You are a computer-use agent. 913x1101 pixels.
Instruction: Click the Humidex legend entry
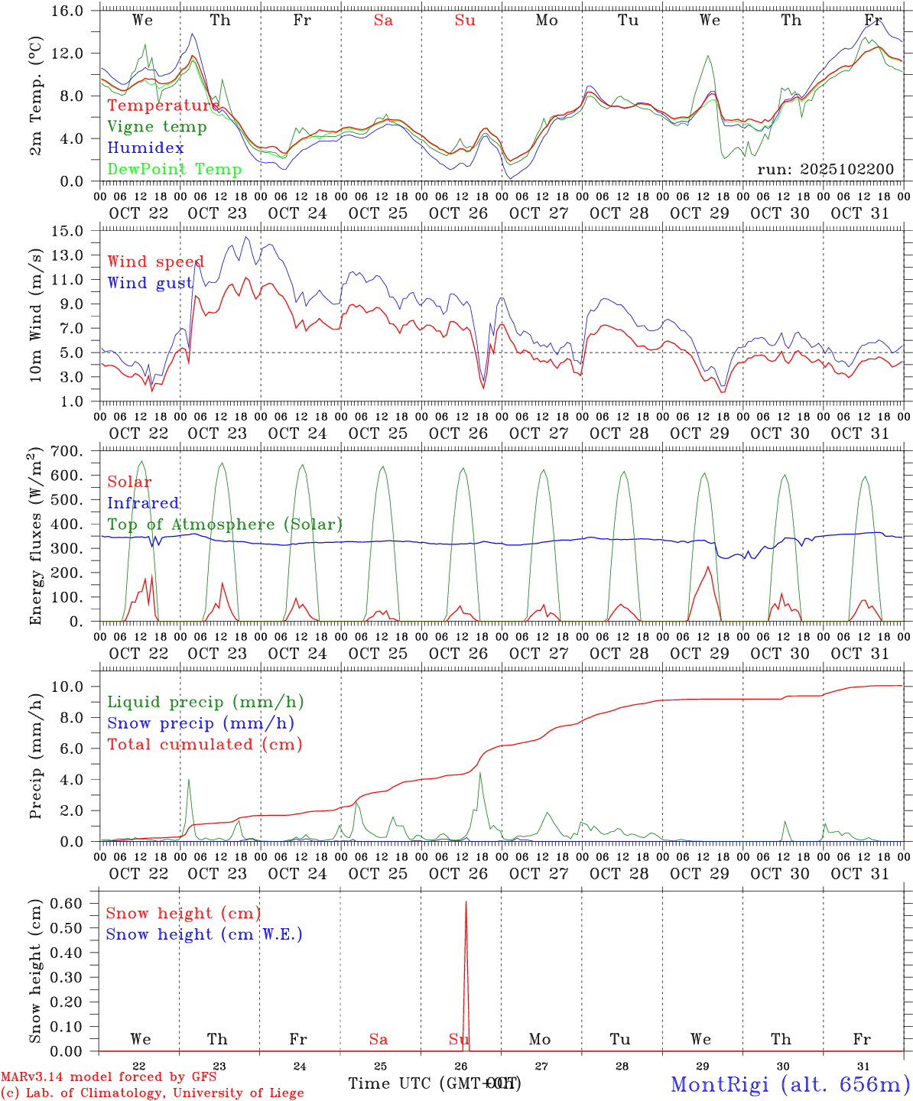pos(145,148)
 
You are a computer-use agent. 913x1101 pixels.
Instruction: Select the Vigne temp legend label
pos(157,126)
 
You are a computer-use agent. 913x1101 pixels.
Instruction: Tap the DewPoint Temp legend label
pos(174,169)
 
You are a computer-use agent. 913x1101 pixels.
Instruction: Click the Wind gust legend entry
pos(150,283)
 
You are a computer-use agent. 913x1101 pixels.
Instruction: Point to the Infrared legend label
pos(143,503)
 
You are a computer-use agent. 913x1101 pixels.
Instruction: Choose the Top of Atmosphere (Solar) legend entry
pos(224,525)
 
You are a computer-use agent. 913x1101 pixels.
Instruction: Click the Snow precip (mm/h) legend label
pos(200,723)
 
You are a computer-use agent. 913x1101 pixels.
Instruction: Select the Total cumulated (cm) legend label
pos(204,744)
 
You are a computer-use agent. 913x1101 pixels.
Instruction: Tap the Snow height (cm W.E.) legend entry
pos(203,934)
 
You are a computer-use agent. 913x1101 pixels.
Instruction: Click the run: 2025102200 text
pos(825,169)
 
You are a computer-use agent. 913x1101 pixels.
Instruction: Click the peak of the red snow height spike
pos(465,903)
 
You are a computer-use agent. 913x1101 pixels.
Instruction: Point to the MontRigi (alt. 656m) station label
pos(790,1084)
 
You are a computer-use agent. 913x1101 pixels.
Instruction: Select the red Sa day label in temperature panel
pos(383,21)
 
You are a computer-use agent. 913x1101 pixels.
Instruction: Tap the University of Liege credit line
pos(152,1093)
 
